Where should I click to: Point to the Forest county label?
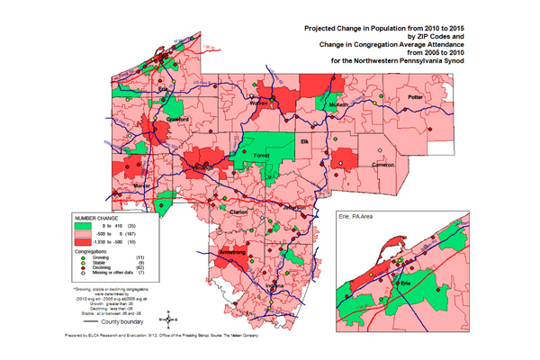point(261,154)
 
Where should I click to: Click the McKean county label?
point(338,104)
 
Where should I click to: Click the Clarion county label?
point(239,211)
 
